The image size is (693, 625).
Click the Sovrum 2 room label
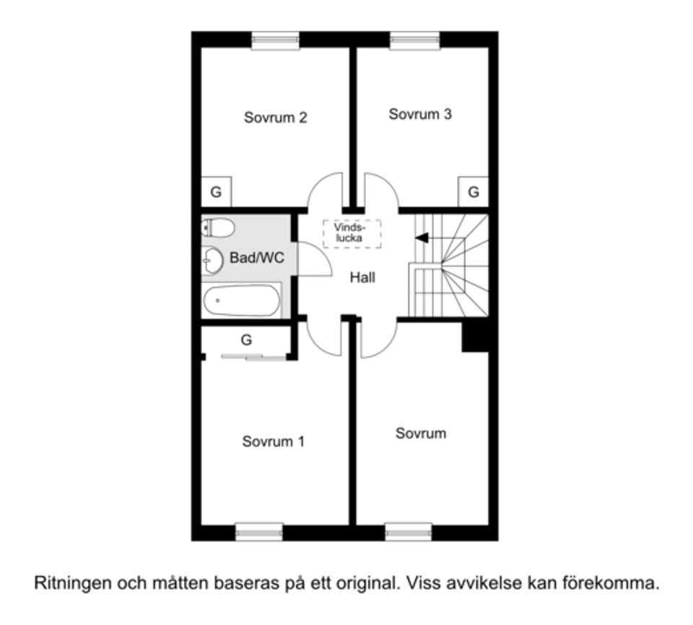click(275, 117)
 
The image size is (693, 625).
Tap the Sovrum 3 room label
click(420, 114)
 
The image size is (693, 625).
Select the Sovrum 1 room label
click(273, 442)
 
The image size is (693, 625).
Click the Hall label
click(362, 277)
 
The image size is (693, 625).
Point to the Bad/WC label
click(257, 258)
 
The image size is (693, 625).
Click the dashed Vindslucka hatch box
click(352, 233)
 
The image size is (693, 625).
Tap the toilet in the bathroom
click(218, 228)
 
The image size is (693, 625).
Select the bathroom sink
click(212, 260)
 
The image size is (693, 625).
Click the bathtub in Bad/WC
click(241, 300)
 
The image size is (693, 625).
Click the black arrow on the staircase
click(422, 237)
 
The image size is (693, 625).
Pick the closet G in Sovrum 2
click(215, 192)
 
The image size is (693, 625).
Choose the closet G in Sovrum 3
click(474, 192)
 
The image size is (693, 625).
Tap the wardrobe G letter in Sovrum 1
click(246, 340)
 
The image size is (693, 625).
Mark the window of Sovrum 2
click(275, 41)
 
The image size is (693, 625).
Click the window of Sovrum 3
click(415, 41)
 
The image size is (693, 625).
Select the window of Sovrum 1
click(259, 532)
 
